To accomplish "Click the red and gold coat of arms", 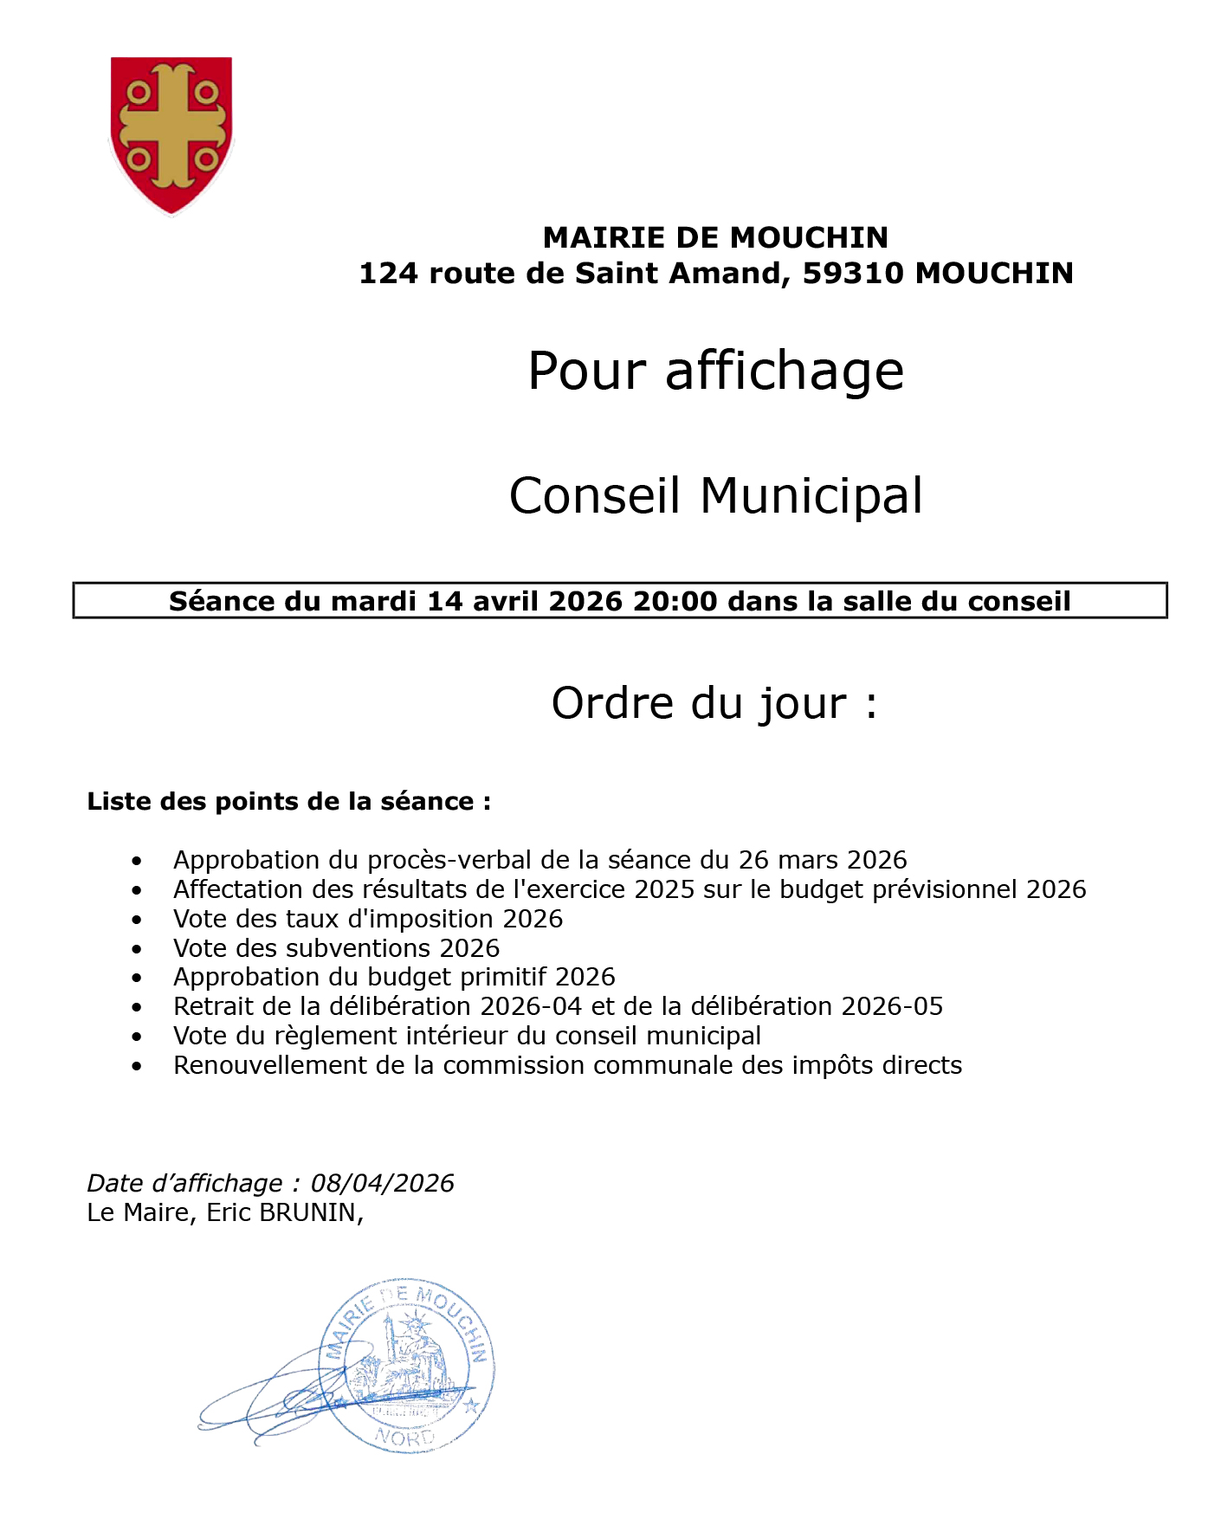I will click(x=171, y=134).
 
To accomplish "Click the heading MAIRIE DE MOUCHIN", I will click(x=715, y=237).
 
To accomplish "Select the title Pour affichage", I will click(x=715, y=372).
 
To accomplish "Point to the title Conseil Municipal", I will click(x=715, y=496).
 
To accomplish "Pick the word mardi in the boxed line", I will click(x=375, y=601).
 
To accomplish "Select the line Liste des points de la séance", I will click(x=288, y=801).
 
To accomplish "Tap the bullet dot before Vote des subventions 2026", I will click(x=137, y=949).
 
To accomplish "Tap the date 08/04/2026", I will click(x=382, y=1183).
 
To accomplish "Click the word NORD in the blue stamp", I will click(x=404, y=1438).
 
